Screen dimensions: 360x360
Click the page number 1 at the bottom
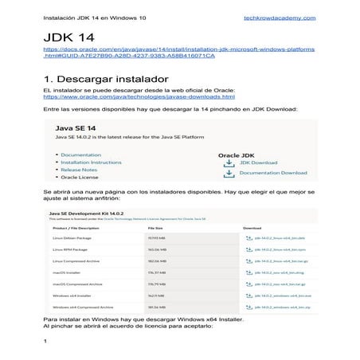[x=45, y=342]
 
